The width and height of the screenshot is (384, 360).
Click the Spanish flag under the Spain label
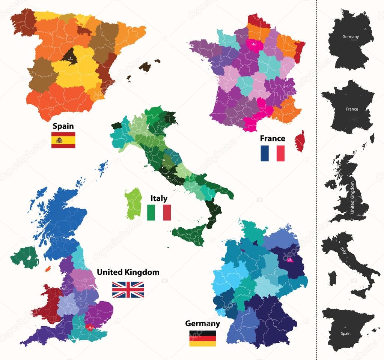[x=63, y=140]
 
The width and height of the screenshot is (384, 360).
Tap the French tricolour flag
[x=273, y=153]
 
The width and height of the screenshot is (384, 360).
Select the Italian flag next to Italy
[x=159, y=212]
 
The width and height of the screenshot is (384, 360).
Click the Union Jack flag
[x=128, y=289]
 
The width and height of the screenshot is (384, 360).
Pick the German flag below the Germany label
[x=202, y=338]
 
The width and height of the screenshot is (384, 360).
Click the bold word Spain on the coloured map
[x=63, y=126]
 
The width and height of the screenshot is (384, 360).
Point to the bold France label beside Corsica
[x=273, y=138]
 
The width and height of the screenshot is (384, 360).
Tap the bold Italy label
[x=159, y=198]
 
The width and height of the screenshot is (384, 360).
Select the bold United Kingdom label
[x=128, y=272]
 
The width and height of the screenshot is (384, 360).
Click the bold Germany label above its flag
[x=202, y=323]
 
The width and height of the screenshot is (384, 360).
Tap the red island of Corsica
[x=300, y=141]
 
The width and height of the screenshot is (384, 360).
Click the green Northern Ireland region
[x=25, y=257]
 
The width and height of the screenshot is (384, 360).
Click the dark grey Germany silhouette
[x=350, y=39]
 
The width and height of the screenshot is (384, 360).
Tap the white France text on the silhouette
[x=352, y=109]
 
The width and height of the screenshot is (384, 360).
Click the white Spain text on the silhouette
[x=346, y=333]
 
